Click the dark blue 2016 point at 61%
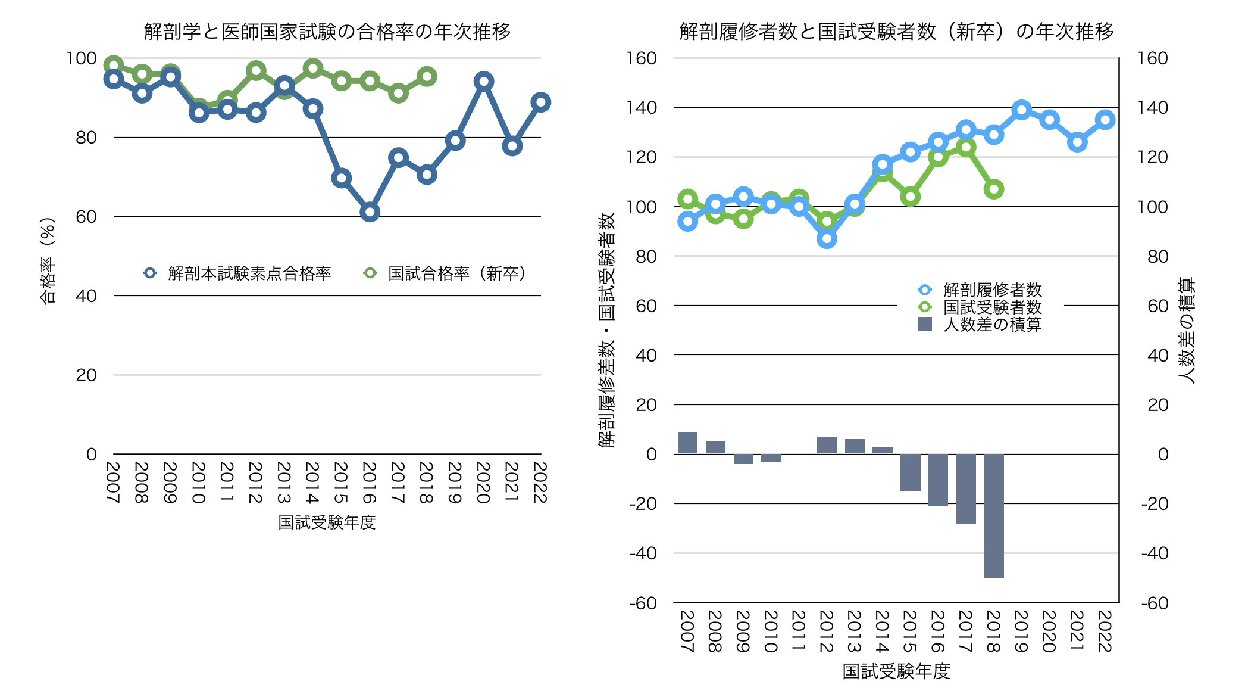click(370, 212)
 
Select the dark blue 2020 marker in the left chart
click(484, 82)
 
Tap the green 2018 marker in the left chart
click(427, 76)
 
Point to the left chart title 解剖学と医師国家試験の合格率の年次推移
click(327, 31)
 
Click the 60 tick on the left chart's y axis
click(86, 217)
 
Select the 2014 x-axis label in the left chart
click(312, 483)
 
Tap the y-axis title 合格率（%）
click(48, 260)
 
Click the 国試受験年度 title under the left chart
click(327, 522)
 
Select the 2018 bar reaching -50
click(993, 515)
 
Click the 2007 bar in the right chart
click(687, 443)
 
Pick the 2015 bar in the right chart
click(910, 472)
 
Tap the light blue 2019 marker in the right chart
click(1022, 110)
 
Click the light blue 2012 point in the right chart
click(827, 239)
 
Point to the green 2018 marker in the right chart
click(993, 189)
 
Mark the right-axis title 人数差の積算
click(1187, 331)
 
